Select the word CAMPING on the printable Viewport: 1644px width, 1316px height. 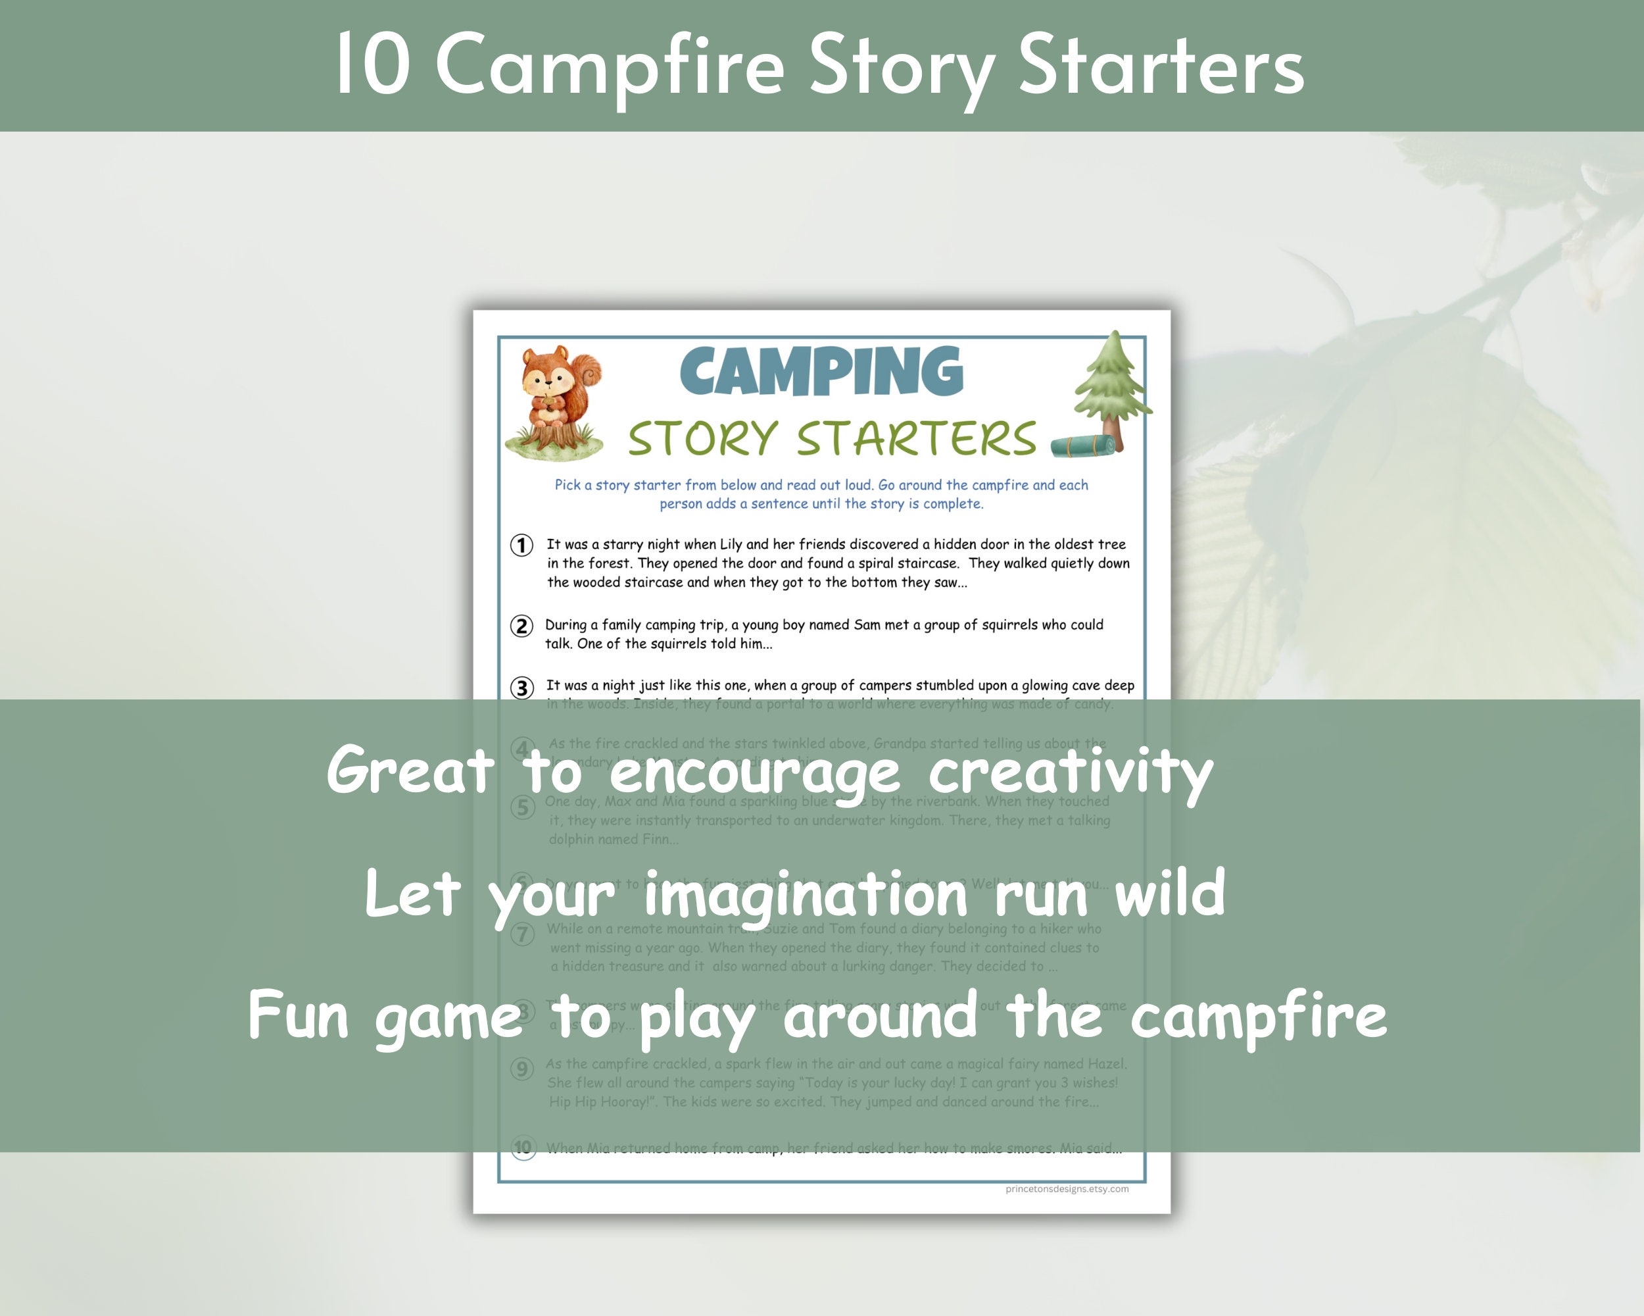(x=821, y=372)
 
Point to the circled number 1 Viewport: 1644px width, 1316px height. (x=521, y=545)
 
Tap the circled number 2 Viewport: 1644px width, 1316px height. (x=521, y=626)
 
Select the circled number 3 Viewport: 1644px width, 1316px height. (x=521, y=688)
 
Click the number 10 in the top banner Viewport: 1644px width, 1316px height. (x=374, y=67)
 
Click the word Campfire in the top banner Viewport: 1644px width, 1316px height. (x=610, y=67)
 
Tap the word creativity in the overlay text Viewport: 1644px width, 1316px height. (x=1071, y=772)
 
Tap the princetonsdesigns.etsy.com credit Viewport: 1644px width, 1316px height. (x=1067, y=1188)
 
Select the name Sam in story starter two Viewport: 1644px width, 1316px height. (x=867, y=625)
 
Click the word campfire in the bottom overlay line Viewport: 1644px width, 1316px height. (x=1258, y=1016)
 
